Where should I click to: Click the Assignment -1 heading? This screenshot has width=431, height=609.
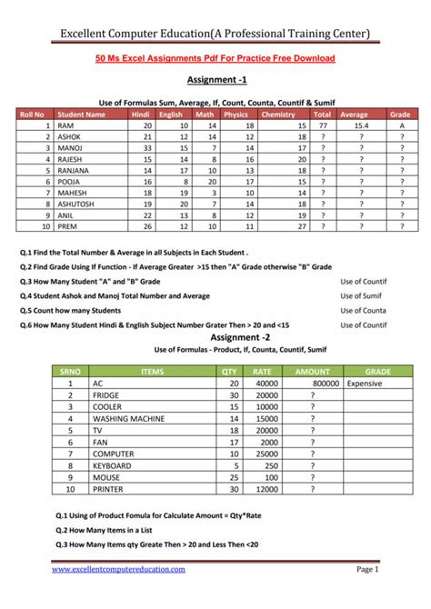point(215,80)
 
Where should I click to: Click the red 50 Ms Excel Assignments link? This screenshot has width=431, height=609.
point(215,58)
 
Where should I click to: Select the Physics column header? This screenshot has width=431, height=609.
point(236,115)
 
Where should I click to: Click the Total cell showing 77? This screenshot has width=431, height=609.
point(322,125)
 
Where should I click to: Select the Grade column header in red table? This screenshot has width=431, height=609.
point(400,115)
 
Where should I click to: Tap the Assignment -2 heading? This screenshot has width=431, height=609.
point(215,338)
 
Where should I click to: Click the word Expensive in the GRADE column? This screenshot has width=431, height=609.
point(365,384)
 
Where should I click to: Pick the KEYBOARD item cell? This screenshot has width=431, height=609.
point(113,465)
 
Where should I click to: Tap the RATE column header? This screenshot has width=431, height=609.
point(261,372)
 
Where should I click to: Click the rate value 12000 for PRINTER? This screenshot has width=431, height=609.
point(265,488)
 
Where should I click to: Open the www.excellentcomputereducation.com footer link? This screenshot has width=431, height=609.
point(118,569)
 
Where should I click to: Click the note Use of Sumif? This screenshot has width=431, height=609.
point(363,295)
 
